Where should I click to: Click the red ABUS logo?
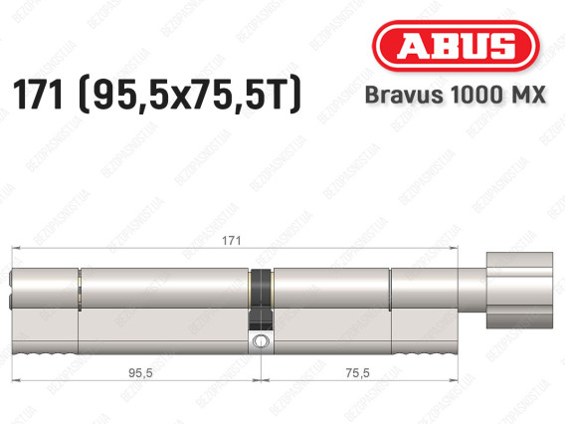click(x=456, y=46)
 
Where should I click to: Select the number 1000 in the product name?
click(x=473, y=95)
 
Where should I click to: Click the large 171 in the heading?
click(x=38, y=95)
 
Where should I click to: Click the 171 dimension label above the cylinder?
click(x=231, y=241)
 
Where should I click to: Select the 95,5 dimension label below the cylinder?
click(x=140, y=373)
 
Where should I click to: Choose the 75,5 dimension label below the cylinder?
click(x=357, y=373)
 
